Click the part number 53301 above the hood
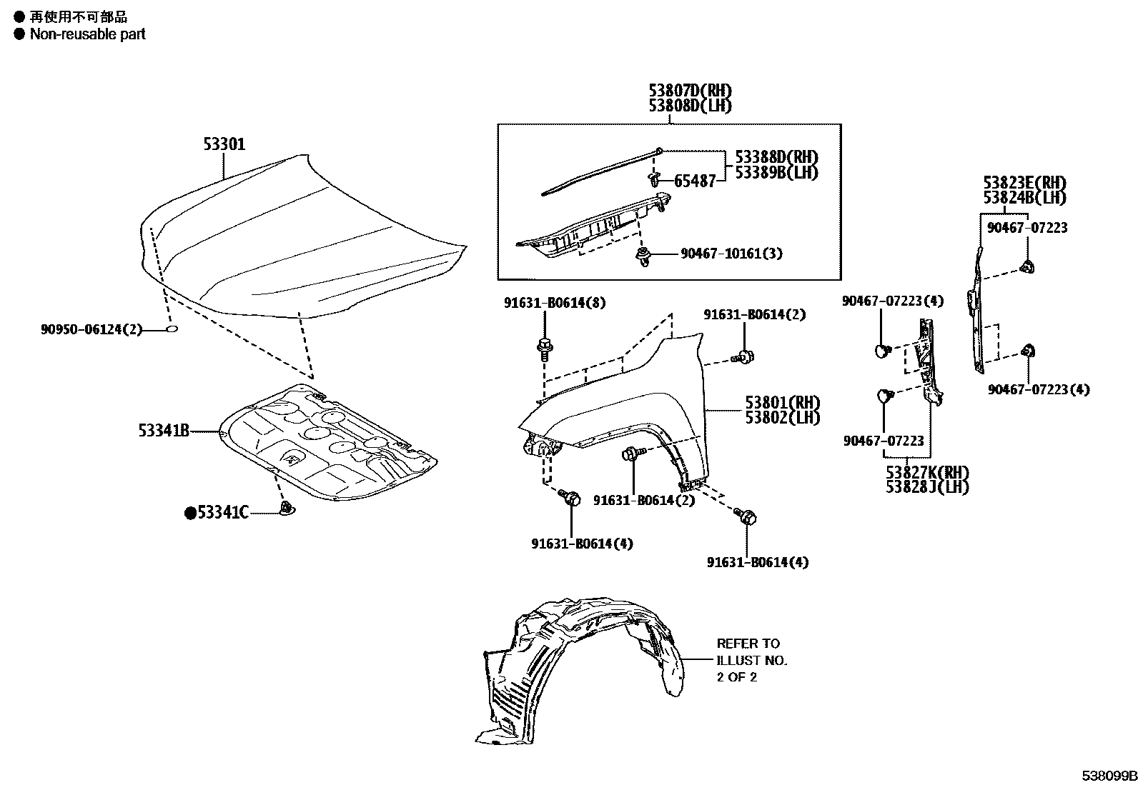(x=224, y=144)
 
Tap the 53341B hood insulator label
(x=164, y=431)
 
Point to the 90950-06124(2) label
(x=91, y=329)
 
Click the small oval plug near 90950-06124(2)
(x=172, y=329)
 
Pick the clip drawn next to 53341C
(x=287, y=509)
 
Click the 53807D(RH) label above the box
(x=691, y=91)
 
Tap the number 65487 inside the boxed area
(x=695, y=181)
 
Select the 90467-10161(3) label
(x=721, y=254)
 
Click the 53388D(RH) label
(x=772, y=157)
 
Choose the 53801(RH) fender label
(x=782, y=403)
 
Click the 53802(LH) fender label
(x=782, y=418)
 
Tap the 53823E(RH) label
(x=1024, y=182)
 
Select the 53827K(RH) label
(x=927, y=472)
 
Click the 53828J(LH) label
(x=927, y=487)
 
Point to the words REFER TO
(x=748, y=644)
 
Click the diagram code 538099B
(x=1108, y=776)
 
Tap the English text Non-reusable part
(x=87, y=34)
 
